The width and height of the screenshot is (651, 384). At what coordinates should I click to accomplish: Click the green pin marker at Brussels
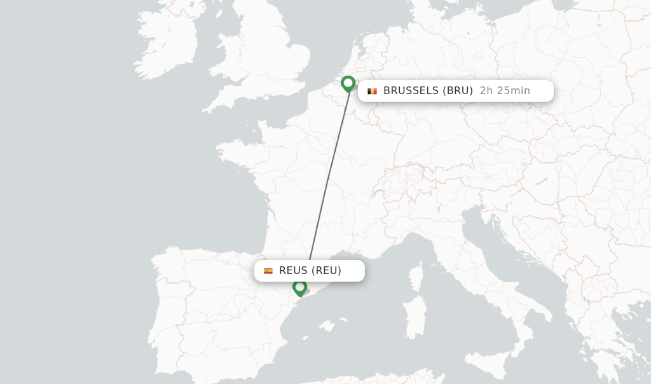click(348, 83)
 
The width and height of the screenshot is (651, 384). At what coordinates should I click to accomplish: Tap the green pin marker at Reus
click(299, 287)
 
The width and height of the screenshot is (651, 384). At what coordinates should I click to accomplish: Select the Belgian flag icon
click(372, 91)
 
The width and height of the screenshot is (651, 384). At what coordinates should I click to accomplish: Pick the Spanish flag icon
click(268, 271)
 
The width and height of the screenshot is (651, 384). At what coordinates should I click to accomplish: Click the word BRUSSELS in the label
click(413, 91)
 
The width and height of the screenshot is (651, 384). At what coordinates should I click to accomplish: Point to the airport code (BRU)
click(458, 91)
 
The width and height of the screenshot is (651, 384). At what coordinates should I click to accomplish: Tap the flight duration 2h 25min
click(505, 91)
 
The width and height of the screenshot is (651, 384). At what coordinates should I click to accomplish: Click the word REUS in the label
click(294, 271)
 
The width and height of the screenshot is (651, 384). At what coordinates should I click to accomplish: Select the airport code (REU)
click(327, 271)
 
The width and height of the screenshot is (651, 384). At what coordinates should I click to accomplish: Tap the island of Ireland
click(165, 41)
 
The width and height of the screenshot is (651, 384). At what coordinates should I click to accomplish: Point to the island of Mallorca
click(326, 326)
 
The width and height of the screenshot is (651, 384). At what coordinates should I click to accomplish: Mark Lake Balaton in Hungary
click(540, 181)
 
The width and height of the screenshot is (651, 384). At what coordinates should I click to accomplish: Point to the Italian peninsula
click(496, 267)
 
